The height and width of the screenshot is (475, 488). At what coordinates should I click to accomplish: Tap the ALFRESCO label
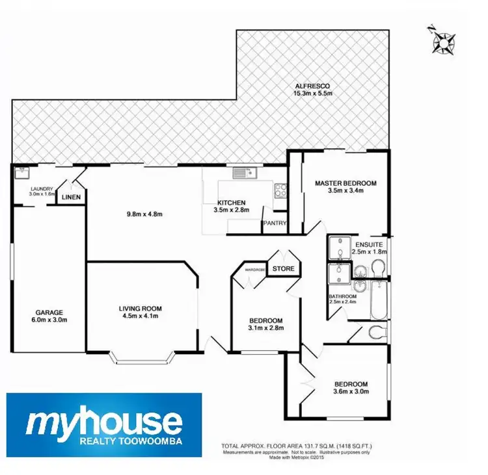tap(313, 86)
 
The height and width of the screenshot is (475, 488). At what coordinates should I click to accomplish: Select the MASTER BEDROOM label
tap(346, 183)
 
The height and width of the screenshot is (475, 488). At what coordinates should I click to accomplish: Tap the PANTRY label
tap(274, 224)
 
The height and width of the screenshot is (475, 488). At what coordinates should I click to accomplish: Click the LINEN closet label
tap(71, 197)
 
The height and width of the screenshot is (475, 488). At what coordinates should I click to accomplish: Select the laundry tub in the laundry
tap(22, 173)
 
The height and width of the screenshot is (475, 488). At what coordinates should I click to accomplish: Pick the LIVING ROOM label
tap(140, 309)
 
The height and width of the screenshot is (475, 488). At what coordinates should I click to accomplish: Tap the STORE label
tap(284, 268)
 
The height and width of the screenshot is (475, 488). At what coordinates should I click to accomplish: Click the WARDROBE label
tap(252, 268)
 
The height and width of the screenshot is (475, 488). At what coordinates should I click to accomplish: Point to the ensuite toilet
tap(377, 267)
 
